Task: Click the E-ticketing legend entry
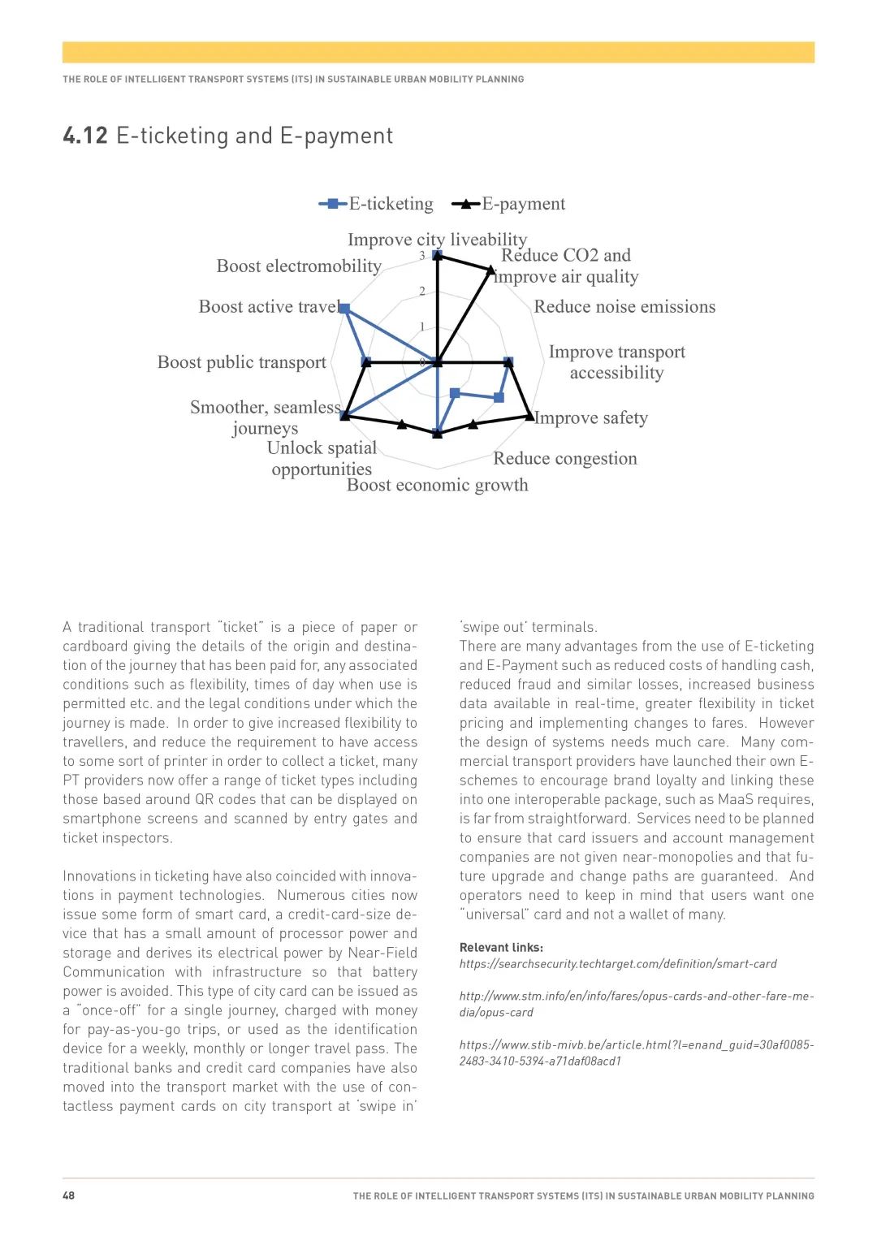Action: tap(377, 204)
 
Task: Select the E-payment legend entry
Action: tap(509, 204)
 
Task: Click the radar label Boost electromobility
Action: tap(299, 266)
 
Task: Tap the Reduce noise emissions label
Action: tap(624, 307)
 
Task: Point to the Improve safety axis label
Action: tap(591, 418)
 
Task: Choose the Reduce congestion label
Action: tap(565, 459)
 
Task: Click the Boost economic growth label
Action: tap(437, 486)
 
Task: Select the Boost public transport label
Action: tap(242, 362)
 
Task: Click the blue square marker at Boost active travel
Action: tap(344, 309)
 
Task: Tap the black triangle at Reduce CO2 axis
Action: tap(490, 270)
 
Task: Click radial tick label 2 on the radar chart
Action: tap(422, 292)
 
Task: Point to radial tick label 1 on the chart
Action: tap(422, 327)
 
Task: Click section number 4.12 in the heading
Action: tap(85, 136)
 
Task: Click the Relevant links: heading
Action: tap(501, 947)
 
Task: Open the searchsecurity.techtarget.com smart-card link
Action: tap(618, 964)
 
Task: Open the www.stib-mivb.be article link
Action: tap(636, 1053)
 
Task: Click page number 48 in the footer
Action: tap(69, 1196)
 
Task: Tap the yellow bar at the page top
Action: tap(438, 52)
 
